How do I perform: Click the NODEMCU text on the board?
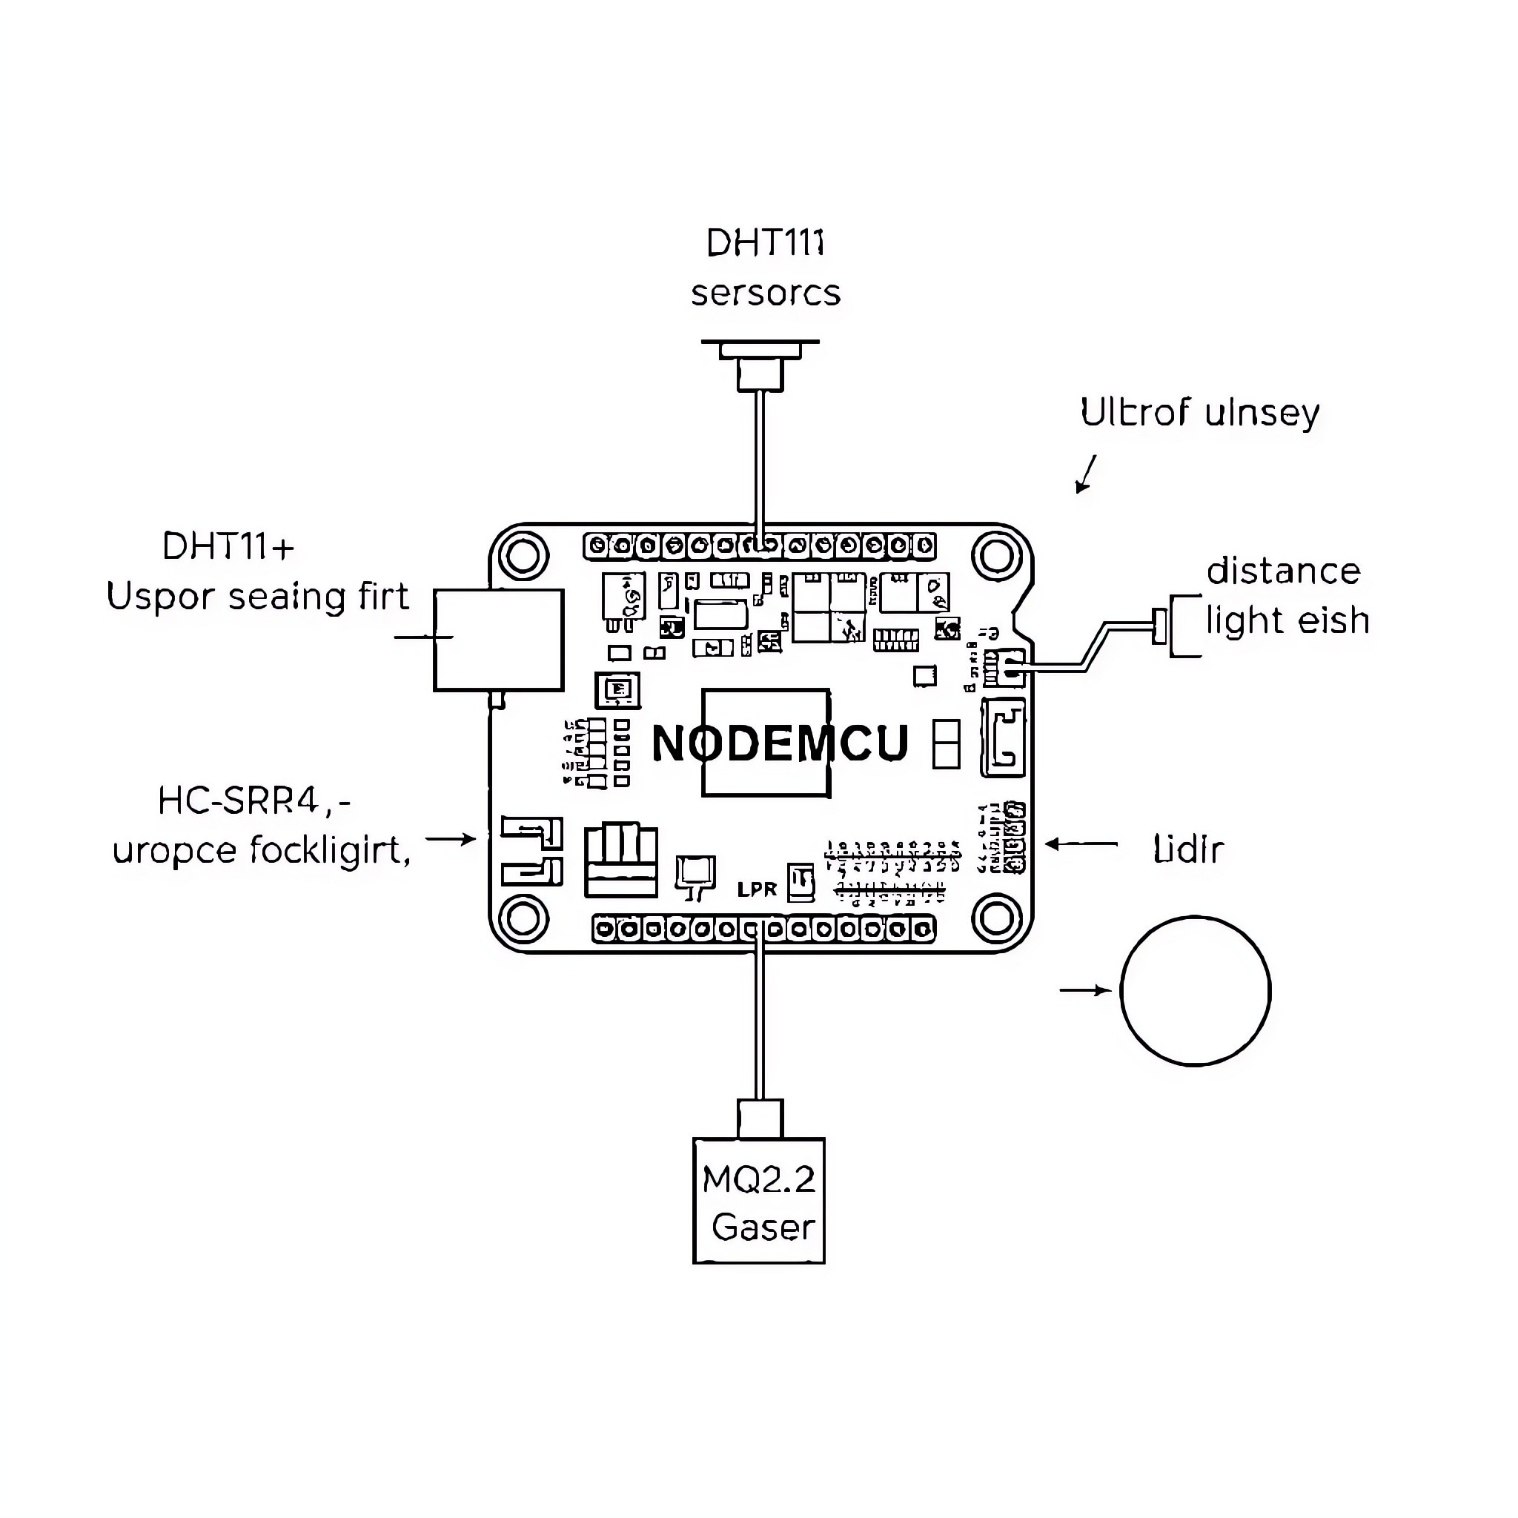780,743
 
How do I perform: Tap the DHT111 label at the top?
765,244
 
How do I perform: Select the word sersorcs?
765,294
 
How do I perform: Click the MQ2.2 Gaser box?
759,1202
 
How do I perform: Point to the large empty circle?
1195,992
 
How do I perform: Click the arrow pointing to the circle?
1084,991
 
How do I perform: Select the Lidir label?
1188,850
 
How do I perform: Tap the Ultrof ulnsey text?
1199,414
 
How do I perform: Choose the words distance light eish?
1287,597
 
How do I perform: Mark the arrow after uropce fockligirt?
451,839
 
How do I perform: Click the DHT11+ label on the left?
228,547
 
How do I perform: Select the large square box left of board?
499,640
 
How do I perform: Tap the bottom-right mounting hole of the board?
996,918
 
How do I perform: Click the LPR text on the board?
757,889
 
